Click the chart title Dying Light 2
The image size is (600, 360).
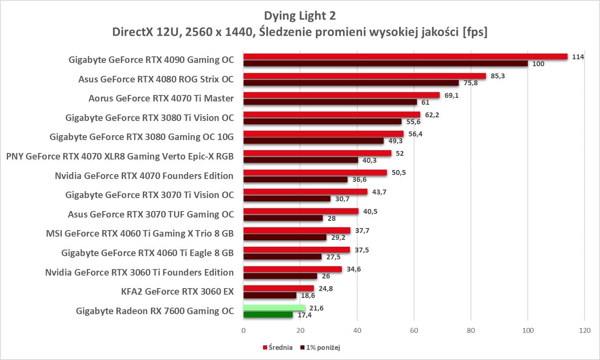(x=300, y=16)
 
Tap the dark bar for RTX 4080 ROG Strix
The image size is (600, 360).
(x=351, y=83)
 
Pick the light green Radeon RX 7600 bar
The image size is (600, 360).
(x=274, y=308)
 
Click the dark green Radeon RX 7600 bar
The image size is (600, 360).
(x=268, y=315)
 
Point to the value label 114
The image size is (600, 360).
(x=578, y=57)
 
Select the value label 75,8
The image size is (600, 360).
(x=471, y=83)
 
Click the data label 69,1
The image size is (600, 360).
(x=451, y=95)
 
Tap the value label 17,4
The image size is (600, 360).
(x=304, y=315)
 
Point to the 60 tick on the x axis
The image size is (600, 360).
(x=414, y=330)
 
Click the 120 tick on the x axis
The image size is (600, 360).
(x=585, y=330)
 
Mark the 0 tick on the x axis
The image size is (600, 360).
(x=244, y=330)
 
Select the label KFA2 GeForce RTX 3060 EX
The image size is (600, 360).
(x=177, y=291)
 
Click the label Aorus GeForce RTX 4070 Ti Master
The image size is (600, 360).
(x=161, y=98)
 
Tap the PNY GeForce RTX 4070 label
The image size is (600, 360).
(x=120, y=156)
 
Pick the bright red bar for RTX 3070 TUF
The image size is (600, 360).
(x=301, y=211)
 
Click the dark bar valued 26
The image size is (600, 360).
(x=280, y=276)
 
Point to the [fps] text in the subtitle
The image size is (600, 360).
(x=475, y=32)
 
